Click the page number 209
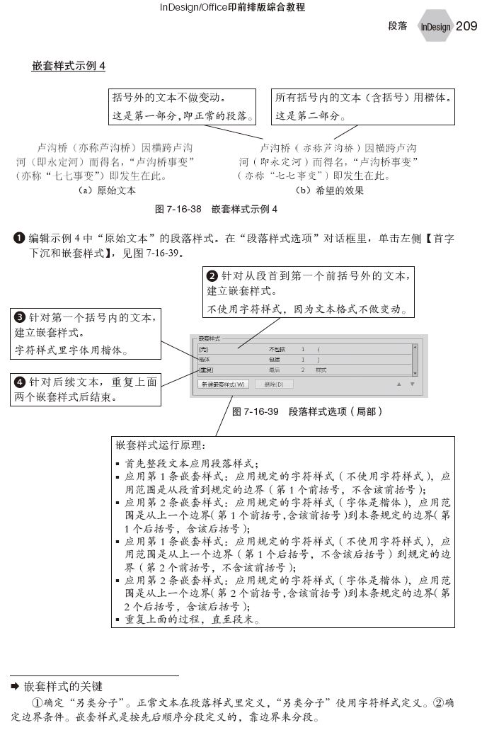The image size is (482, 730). coord(466,26)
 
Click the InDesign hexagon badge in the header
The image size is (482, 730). coord(435,27)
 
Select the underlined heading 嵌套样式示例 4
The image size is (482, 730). coord(69,67)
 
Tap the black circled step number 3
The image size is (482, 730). coord(21,317)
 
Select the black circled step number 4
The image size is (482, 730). coord(21,382)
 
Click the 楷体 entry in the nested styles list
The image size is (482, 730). coord(205,360)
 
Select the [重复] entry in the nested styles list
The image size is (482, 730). coord(206,370)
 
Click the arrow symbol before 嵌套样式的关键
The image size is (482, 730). coord(15,686)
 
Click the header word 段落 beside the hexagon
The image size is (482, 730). coord(398,26)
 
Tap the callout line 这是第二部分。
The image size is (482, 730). coord(308,115)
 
